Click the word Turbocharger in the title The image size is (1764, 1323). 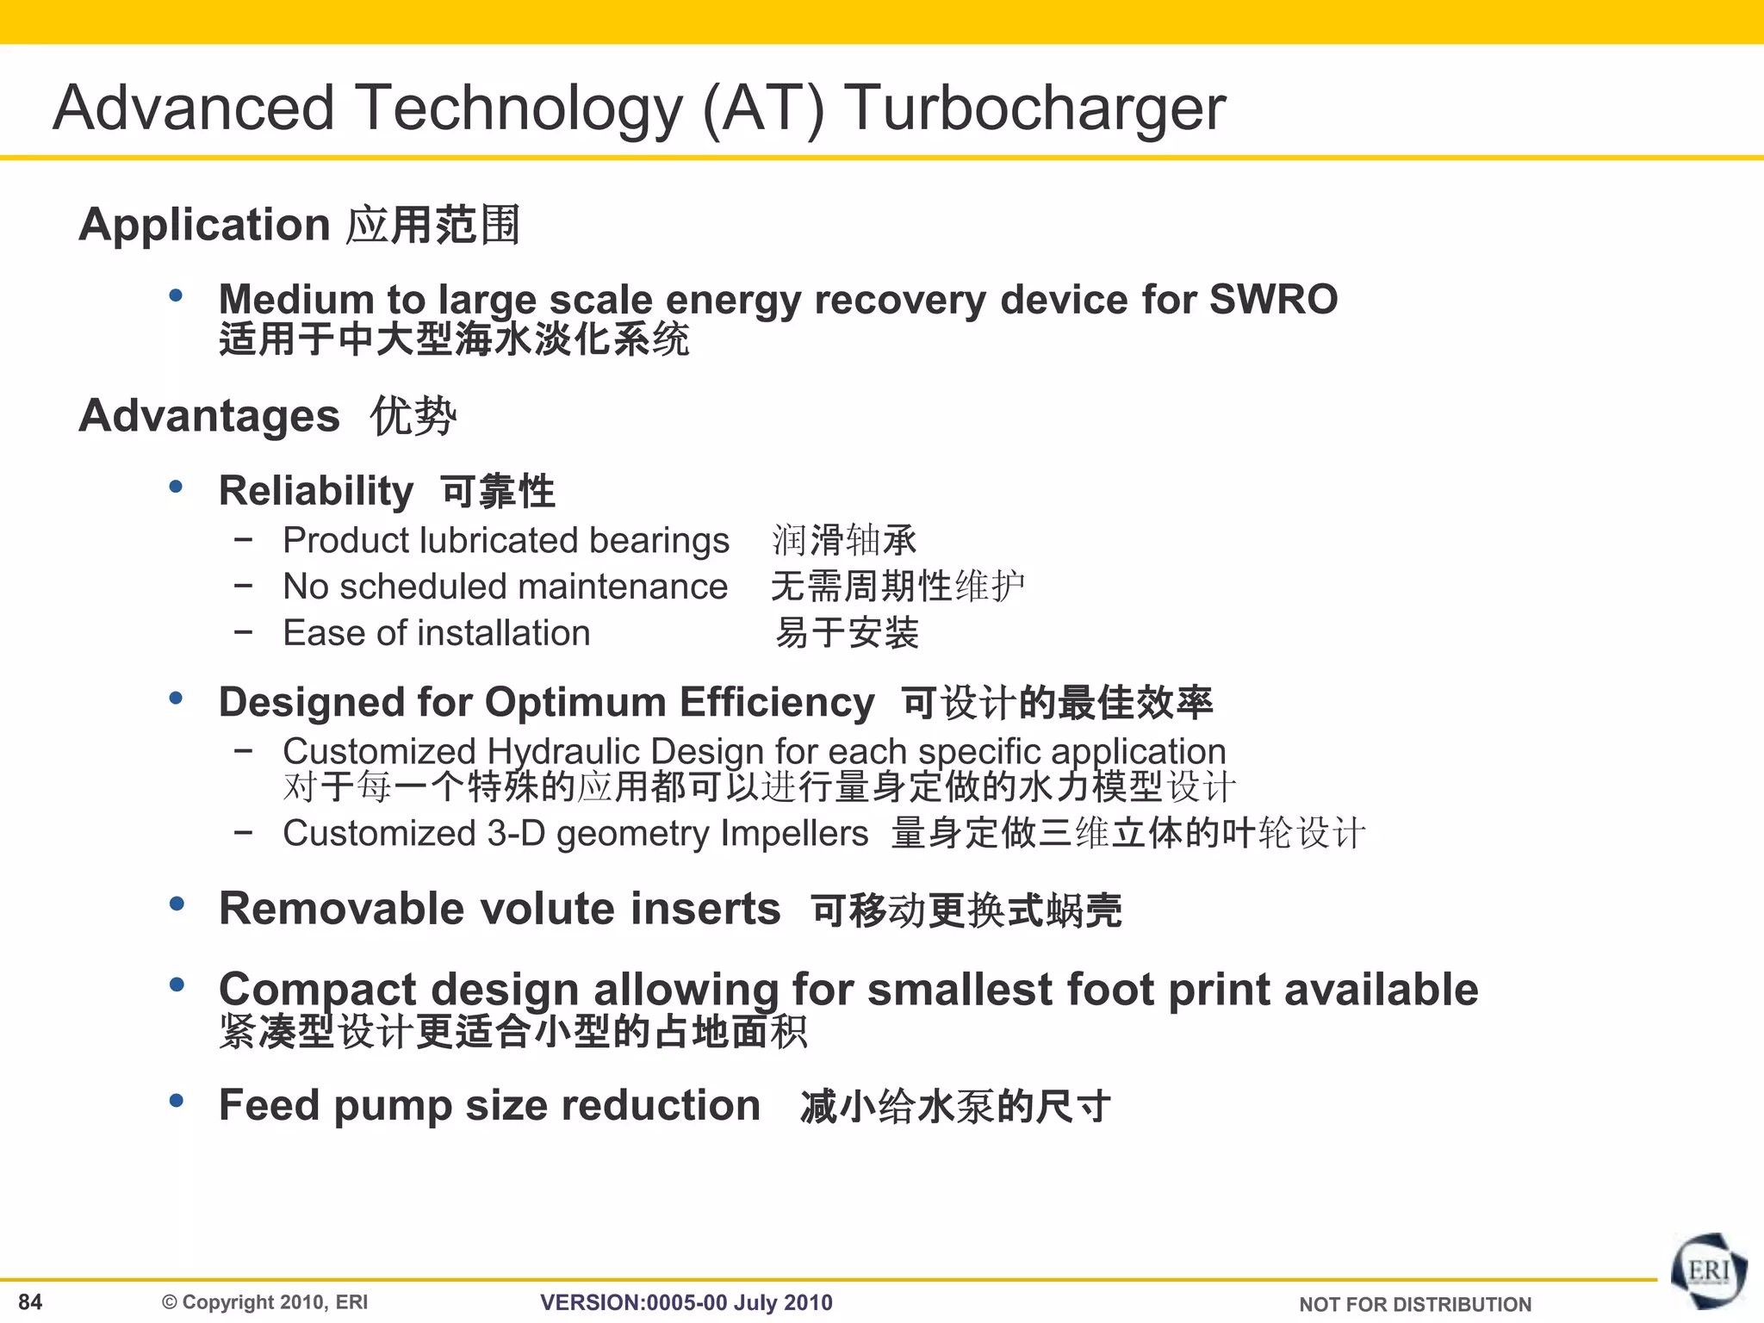point(1034,109)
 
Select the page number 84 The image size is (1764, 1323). point(30,1301)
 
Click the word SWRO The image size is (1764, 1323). point(1273,300)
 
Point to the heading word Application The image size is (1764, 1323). point(204,226)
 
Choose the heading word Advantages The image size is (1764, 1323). point(209,416)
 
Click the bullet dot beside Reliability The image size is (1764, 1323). point(177,487)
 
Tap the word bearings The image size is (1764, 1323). point(659,541)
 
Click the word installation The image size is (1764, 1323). point(503,633)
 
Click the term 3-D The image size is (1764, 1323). point(515,833)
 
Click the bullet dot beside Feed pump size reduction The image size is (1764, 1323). point(177,1100)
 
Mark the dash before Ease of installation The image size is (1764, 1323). point(244,631)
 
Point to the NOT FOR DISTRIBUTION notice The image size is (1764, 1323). point(1414,1304)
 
